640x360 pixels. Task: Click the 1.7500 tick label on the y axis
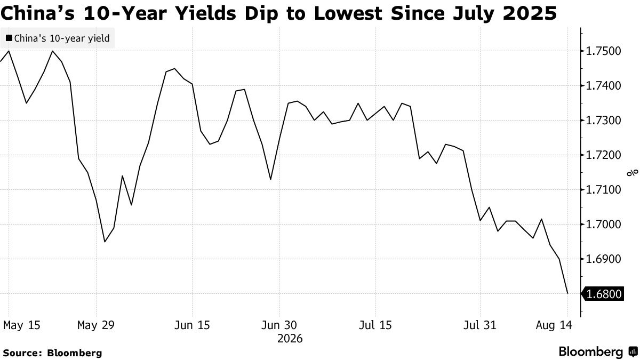pos(603,51)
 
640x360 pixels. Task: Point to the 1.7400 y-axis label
pos(603,86)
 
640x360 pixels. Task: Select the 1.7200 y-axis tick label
pos(603,155)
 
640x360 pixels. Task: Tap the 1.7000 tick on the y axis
pos(603,225)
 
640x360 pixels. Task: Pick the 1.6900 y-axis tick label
pos(603,259)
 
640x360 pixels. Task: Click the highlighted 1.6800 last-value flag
pos(603,294)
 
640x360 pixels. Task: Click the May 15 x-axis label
pos(22,325)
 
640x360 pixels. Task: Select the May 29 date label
pos(96,325)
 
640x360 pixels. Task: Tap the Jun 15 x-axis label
pos(192,325)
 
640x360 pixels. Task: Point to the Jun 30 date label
pos(279,325)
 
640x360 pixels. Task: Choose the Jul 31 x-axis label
pos(480,325)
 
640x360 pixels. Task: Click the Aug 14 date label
pos(554,325)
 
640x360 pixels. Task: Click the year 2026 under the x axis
pos(290,339)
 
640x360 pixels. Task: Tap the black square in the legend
pos(9,38)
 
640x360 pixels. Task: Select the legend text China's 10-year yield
pos(62,38)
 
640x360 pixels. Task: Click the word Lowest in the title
pos(348,13)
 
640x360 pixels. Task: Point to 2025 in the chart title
pos(530,13)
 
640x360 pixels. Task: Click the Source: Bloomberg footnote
pos(53,353)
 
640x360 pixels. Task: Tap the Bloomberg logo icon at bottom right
pos(633,351)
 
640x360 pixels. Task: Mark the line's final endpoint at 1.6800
pos(567,293)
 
